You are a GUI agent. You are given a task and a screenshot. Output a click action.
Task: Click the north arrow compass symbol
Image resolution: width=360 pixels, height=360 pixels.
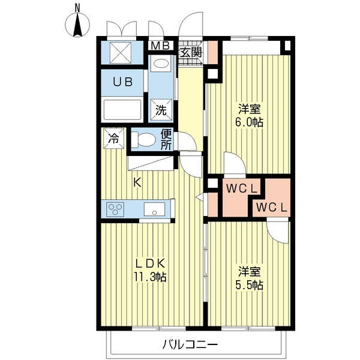point(78,23)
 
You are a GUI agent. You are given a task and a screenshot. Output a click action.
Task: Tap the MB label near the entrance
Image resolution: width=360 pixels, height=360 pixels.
point(159,46)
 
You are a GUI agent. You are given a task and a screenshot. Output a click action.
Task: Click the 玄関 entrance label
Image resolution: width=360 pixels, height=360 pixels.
point(191,52)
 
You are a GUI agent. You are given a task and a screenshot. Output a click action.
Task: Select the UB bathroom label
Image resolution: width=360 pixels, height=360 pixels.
point(124,83)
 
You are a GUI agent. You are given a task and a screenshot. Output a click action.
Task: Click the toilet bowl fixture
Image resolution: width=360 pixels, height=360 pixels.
point(144,140)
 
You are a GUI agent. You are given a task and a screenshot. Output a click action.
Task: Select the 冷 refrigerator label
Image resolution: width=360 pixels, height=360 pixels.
point(113,139)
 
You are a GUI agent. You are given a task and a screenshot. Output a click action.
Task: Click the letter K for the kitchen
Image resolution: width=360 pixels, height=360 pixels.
point(137,183)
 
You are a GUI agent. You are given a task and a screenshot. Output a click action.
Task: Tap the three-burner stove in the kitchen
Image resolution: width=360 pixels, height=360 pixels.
point(115,209)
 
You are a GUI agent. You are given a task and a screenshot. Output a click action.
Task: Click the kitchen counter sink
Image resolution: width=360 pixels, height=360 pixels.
point(155,210)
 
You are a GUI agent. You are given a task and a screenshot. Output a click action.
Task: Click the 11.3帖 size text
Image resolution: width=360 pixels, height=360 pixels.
point(149,277)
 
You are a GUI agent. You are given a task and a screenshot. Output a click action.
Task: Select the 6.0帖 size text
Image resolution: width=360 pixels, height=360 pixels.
point(250,122)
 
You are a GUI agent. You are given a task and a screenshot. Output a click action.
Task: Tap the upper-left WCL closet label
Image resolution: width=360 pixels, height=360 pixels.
point(242,188)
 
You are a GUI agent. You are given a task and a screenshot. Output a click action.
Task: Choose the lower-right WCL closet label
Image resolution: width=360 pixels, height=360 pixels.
point(272,208)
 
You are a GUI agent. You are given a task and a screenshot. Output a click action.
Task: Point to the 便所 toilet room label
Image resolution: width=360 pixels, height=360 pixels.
point(167,139)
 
